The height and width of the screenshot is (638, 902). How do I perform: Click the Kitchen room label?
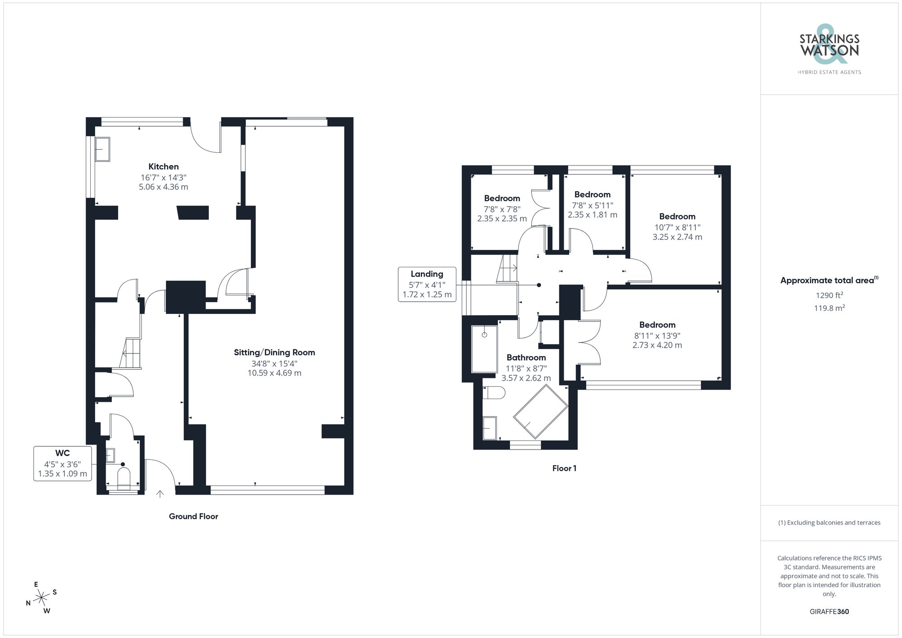(x=163, y=167)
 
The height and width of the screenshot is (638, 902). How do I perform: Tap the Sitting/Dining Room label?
(x=274, y=353)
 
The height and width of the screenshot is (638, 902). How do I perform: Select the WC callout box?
(x=63, y=464)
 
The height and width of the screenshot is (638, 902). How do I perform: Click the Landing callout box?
(x=427, y=284)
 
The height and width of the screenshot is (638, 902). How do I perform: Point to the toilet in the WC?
(x=123, y=479)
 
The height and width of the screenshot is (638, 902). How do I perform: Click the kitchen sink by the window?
(x=102, y=149)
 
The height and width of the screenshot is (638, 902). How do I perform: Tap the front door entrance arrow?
(x=160, y=494)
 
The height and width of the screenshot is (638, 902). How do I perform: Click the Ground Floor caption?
(x=193, y=517)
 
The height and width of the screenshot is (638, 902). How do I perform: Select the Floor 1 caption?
(x=564, y=468)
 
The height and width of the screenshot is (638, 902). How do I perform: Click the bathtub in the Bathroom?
(x=484, y=349)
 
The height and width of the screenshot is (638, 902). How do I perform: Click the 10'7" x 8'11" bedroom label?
(x=677, y=216)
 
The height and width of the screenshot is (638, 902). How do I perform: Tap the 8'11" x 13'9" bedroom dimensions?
(x=657, y=340)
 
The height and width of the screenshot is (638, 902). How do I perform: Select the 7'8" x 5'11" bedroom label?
(x=592, y=195)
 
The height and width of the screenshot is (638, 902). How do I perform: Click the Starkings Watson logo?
(x=829, y=50)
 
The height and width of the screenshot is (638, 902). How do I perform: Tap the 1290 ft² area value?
(x=829, y=296)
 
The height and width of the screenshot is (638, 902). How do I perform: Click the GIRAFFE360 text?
(x=829, y=612)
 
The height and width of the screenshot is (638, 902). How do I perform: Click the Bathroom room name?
(x=526, y=358)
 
